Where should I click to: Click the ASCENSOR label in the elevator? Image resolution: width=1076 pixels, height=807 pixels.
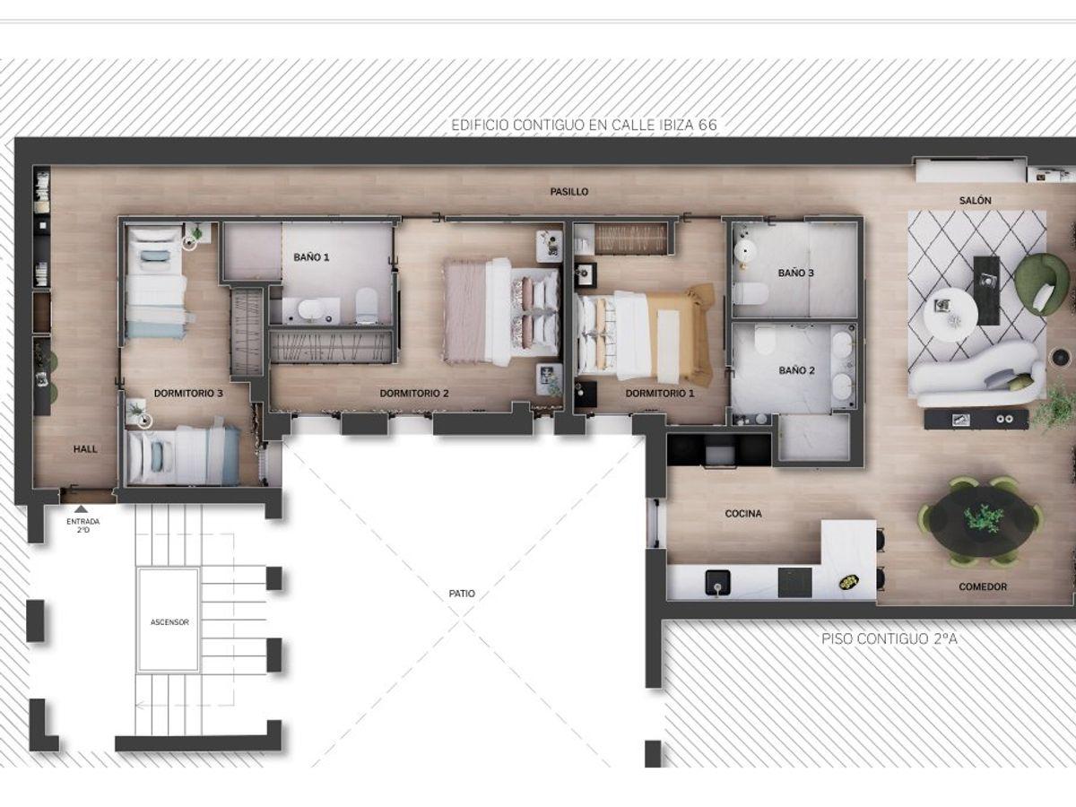point(169,622)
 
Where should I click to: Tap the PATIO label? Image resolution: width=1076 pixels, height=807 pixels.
point(462,594)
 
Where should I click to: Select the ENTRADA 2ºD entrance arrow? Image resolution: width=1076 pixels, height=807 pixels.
point(82,509)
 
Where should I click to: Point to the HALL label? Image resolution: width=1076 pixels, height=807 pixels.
point(85,449)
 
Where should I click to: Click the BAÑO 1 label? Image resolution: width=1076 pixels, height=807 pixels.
point(311,257)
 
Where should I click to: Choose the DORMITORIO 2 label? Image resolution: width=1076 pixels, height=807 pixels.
point(414,394)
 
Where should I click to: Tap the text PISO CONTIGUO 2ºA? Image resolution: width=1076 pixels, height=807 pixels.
point(889,639)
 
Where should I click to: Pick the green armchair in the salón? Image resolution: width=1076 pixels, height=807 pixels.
point(1041,284)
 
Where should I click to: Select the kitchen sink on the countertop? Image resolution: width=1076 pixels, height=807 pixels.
point(717,583)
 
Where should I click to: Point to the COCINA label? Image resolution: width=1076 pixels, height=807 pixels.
point(743,514)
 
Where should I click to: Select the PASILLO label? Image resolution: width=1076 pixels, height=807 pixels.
point(568,192)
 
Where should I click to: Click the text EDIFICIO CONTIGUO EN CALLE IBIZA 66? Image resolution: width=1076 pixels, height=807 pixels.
point(584,125)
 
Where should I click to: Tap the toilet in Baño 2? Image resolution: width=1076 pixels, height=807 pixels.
point(765,341)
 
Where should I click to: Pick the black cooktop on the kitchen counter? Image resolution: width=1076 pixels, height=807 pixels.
point(794,583)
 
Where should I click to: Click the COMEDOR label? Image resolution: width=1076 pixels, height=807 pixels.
point(983,586)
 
